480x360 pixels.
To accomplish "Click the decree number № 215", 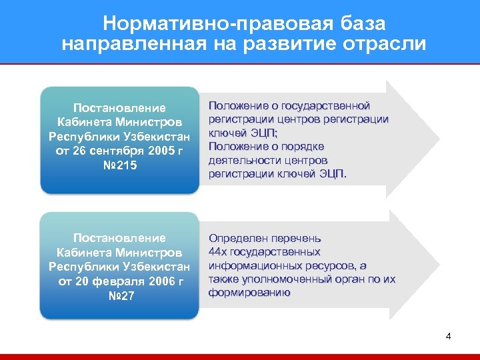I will (x=120, y=165).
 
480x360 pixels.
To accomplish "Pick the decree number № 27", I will (x=120, y=295).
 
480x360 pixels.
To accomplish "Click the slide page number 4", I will (x=448, y=336).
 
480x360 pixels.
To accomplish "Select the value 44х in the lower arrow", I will (x=218, y=251).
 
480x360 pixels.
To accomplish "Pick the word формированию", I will (x=249, y=293).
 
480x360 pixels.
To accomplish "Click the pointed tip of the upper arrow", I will (x=439, y=139).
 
